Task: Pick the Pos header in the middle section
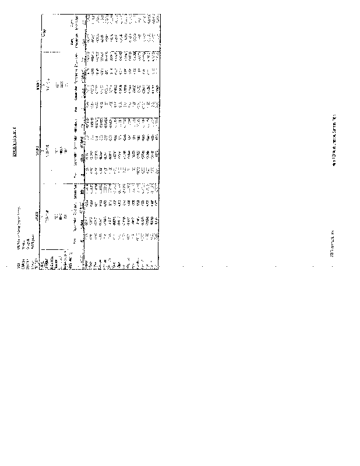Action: point(75,173)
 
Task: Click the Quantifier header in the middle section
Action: point(75,156)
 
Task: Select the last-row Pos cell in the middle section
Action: point(155,173)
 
